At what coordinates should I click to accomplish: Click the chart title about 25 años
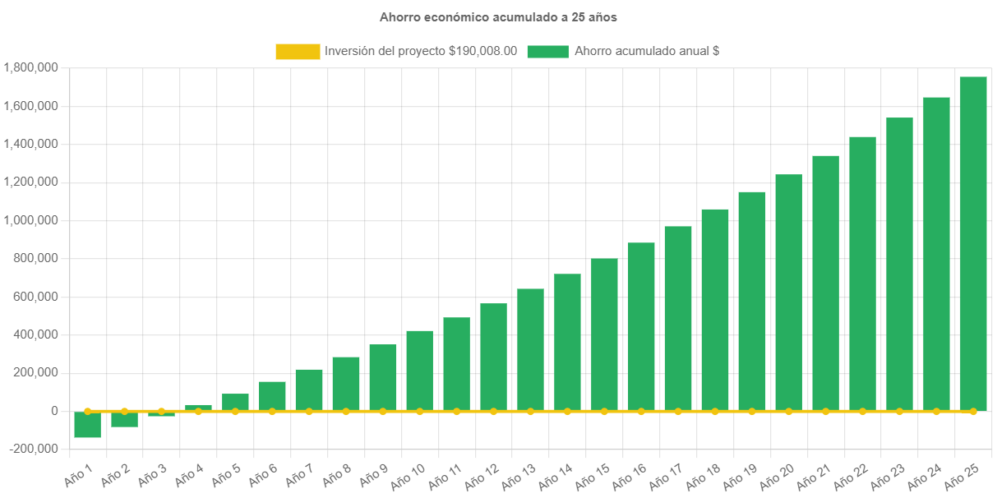coord(498,16)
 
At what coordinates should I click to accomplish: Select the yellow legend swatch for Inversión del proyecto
coord(298,51)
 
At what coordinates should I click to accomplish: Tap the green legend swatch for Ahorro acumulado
coord(547,51)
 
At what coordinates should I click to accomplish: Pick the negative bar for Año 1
coord(87,425)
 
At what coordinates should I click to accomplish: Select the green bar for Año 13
coord(530,349)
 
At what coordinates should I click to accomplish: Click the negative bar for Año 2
coord(124,419)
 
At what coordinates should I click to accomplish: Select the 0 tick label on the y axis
coord(53,411)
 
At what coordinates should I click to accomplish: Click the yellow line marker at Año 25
coord(973,411)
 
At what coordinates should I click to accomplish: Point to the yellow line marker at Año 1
coord(87,411)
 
